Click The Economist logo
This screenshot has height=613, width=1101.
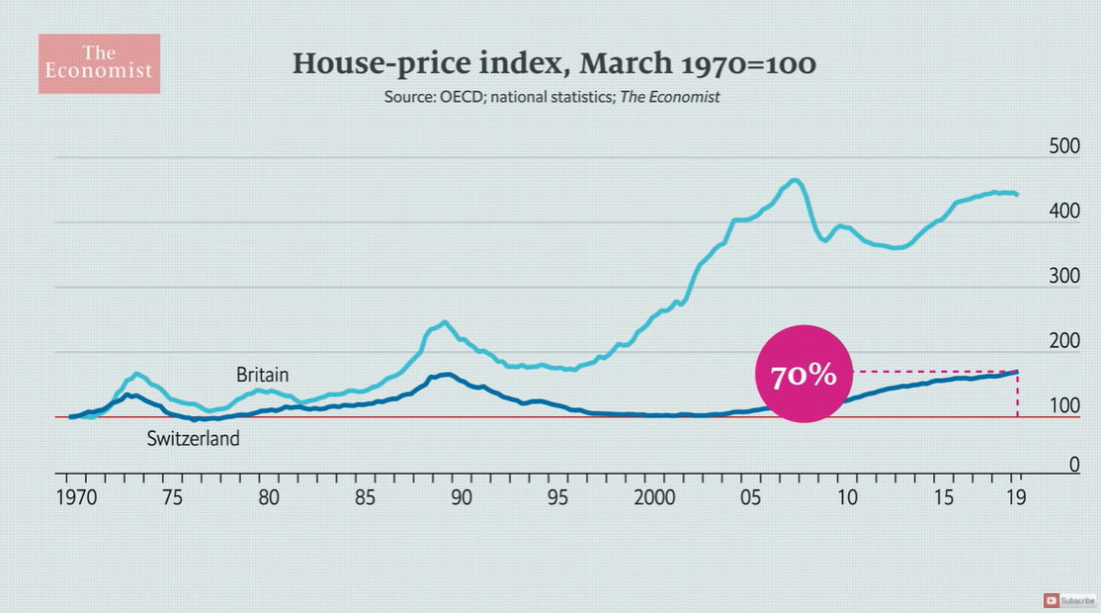click(x=99, y=63)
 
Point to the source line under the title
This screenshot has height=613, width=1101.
click(x=551, y=97)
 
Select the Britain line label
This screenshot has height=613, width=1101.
click(x=262, y=375)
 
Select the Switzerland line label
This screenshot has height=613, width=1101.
click(x=194, y=438)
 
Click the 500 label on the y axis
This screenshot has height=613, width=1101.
click(x=1064, y=147)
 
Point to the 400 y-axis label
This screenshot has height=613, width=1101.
click(x=1064, y=212)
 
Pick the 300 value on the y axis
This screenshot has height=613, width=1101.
click(x=1064, y=277)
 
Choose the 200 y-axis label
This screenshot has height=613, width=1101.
click(x=1064, y=342)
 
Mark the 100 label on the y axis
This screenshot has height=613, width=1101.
click(x=1064, y=406)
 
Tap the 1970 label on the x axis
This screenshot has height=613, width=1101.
click(x=76, y=496)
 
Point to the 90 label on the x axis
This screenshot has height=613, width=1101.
click(x=462, y=496)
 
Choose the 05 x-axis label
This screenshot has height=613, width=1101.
click(x=751, y=496)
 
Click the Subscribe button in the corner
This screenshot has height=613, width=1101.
click(x=1070, y=600)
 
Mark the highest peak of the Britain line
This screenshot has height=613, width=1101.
click(x=794, y=180)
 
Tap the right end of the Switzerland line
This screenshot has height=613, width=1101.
click(x=1017, y=372)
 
